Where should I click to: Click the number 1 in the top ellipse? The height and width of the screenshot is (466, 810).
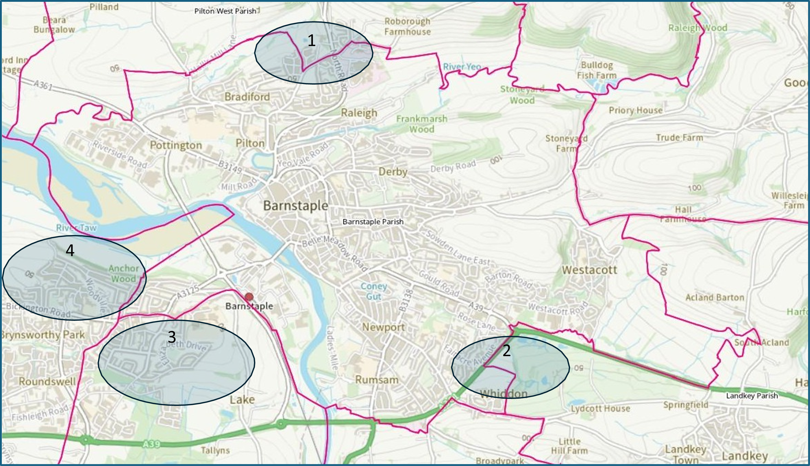[x=311, y=41]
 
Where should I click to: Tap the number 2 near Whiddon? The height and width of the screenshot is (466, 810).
[x=506, y=351]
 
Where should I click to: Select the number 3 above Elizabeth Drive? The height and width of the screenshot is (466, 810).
[x=172, y=337]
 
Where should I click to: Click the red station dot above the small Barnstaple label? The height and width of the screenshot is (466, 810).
[x=249, y=297]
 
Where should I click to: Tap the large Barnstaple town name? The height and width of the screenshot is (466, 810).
[x=295, y=206]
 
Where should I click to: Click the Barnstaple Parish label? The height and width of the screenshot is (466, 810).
[x=373, y=222]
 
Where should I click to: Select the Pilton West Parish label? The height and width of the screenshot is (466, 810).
[x=225, y=11]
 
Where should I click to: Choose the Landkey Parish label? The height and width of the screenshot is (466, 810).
[x=752, y=396]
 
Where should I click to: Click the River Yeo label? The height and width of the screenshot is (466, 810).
[x=462, y=67]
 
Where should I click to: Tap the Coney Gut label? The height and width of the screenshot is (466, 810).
[x=374, y=291]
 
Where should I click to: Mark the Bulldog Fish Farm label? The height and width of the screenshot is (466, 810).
[x=597, y=70]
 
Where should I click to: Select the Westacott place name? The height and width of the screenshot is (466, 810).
[x=589, y=270]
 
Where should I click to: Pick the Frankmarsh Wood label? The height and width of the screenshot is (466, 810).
[x=422, y=124]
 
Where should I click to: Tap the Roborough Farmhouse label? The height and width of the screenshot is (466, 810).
[x=407, y=27]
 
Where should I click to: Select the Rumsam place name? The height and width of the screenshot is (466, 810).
[x=377, y=380]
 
